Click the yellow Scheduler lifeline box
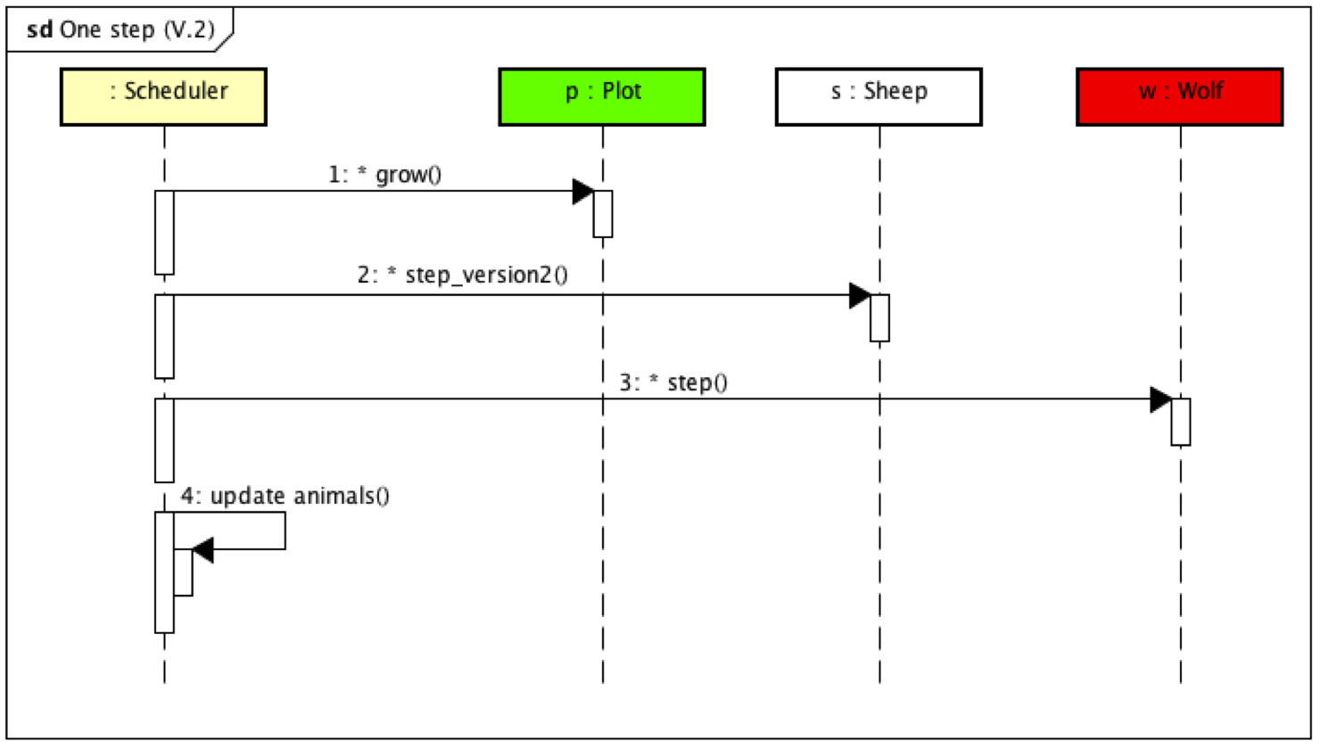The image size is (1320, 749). pyautogui.click(x=163, y=96)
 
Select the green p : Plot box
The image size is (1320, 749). pyautogui.click(x=602, y=96)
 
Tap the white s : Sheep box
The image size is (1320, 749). pyautogui.click(x=879, y=96)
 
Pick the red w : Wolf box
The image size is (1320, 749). pyautogui.click(x=1179, y=96)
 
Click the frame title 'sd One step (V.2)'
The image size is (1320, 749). pyautogui.click(x=120, y=29)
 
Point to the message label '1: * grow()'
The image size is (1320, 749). pyautogui.click(x=384, y=174)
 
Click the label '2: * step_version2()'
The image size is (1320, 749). pyautogui.click(x=462, y=275)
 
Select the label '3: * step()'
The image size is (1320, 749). pyautogui.click(x=673, y=383)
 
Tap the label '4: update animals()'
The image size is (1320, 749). pyautogui.click(x=285, y=496)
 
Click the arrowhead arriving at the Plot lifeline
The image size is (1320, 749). pyautogui.click(x=583, y=191)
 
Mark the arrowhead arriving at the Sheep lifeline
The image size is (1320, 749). pyautogui.click(x=860, y=295)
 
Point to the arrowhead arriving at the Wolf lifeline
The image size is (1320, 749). pyautogui.click(x=1160, y=399)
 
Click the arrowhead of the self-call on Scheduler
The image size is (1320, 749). pyautogui.click(x=203, y=550)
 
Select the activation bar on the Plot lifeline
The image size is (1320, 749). pyautogui.click(x=603, y=214)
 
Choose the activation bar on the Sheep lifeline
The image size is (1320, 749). pyautogui.click(x=879, y=318)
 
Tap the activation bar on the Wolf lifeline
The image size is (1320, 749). pyautogui.click(x=1180, y=422)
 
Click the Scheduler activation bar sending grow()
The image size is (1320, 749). pyautogui.click(x=164, y=232)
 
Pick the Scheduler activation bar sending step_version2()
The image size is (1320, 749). pyautogui.click(x=164, y=336)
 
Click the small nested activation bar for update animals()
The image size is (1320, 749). pyautogui.click(x=184, y=572)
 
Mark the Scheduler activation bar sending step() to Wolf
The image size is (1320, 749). pyautogui.click(x=164, y=440)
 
